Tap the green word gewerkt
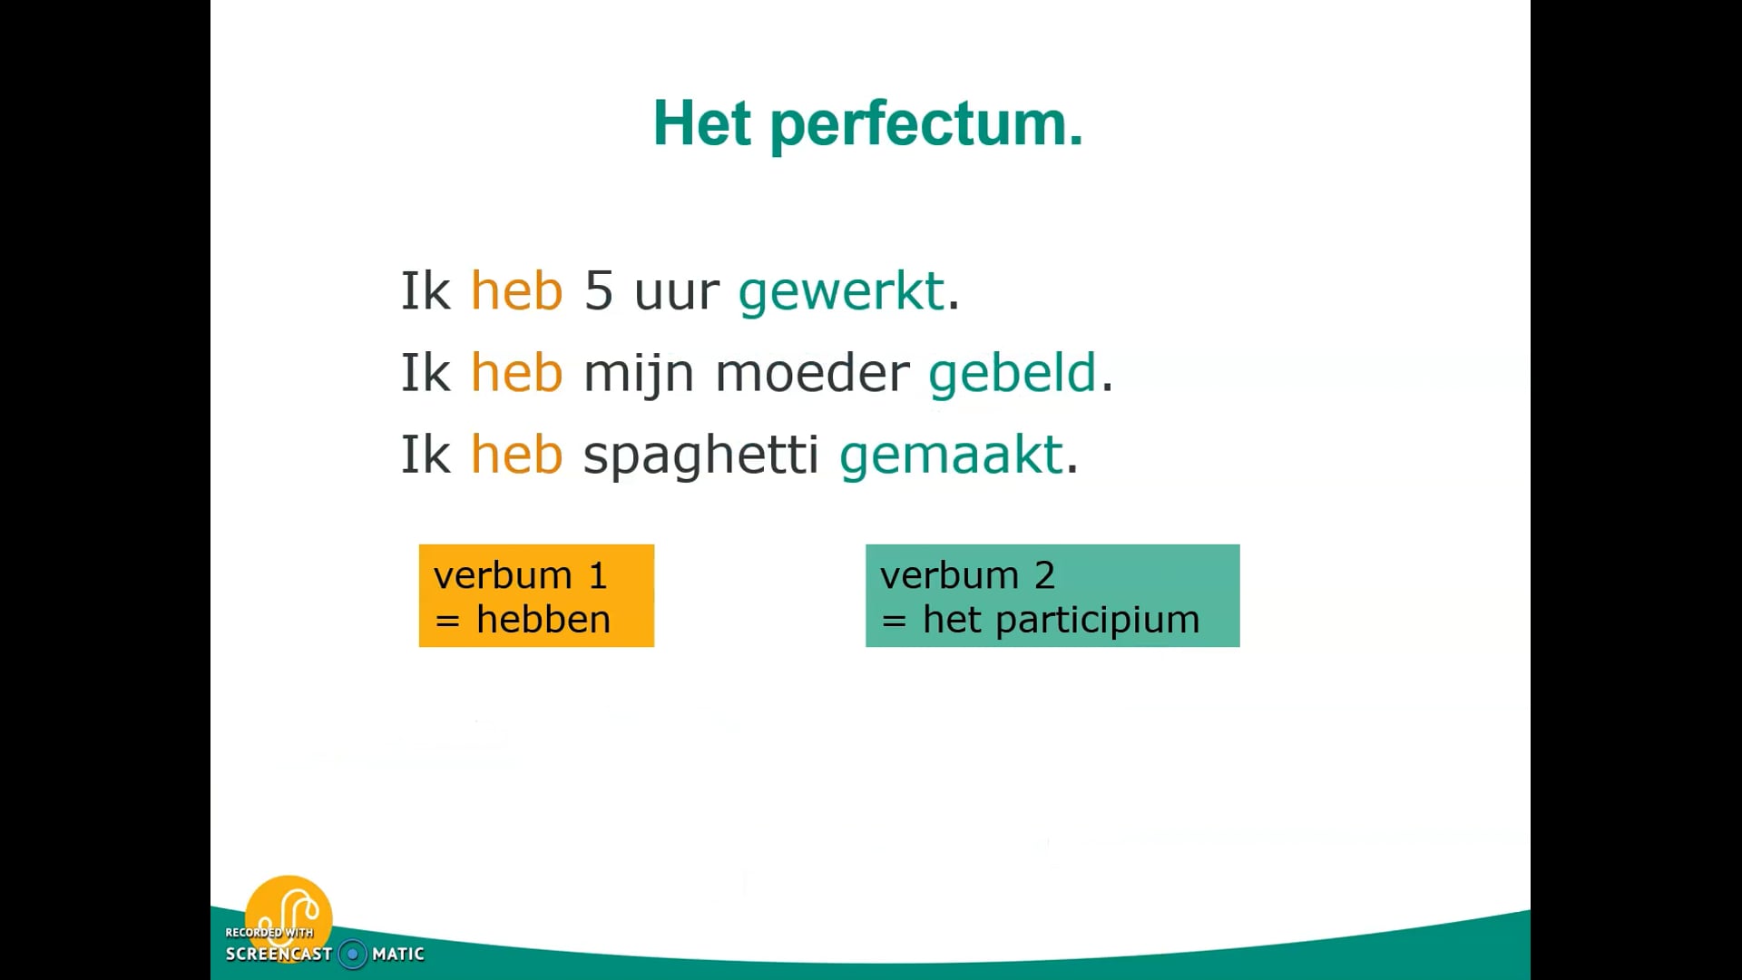(841, 292)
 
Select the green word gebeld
(1012, 374)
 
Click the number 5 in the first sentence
(598, 291)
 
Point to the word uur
(676, 292)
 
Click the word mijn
(638, 374)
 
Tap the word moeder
(812, 373)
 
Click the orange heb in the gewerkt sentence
(516, 291)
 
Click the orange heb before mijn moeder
(516, 373)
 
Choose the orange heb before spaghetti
(516, 455)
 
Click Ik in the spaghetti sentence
(426, 455)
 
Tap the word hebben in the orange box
(543, 620)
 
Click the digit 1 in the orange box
(597, 575)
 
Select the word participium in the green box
(1097, 621)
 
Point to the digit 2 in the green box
(1044, 575)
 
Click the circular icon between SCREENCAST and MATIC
(353, 954)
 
